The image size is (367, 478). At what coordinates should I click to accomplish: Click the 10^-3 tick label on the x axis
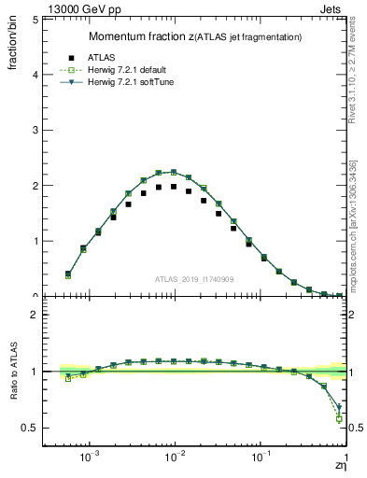coord(90,458)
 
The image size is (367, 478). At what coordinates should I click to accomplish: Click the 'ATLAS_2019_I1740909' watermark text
coord(195,279)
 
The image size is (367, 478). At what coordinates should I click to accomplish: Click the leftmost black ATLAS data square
coord(67,274)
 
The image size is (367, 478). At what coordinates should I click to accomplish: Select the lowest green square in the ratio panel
coord(340,419)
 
